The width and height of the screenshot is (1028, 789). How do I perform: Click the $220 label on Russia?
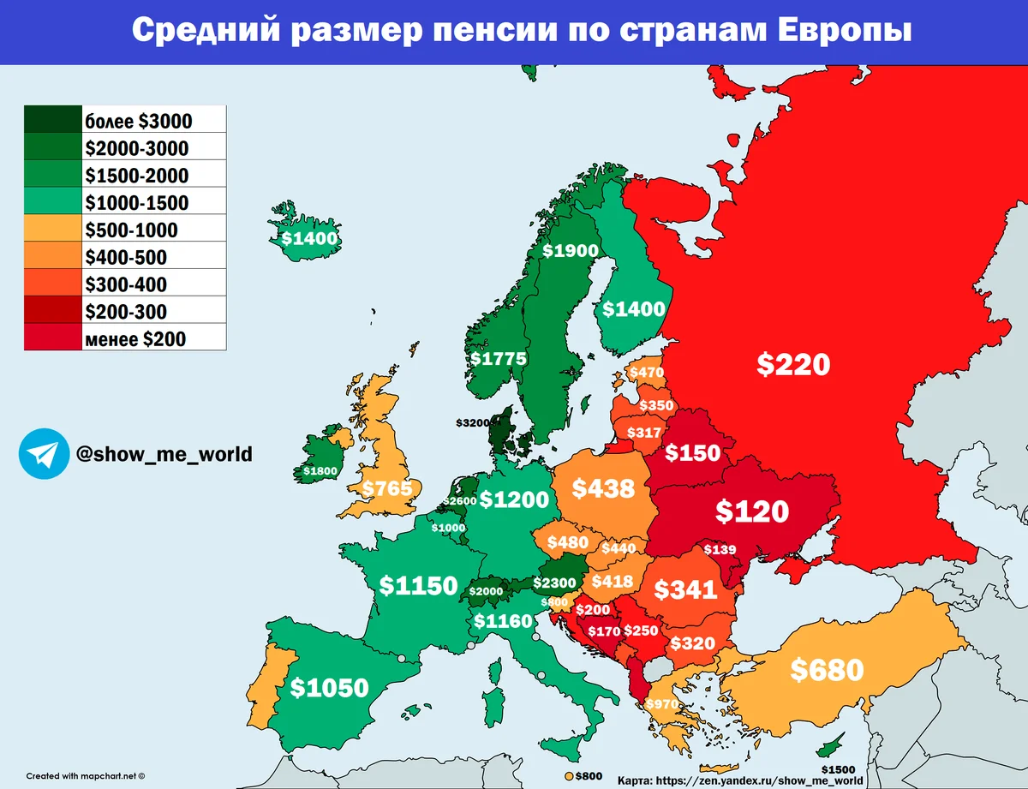(793, 364)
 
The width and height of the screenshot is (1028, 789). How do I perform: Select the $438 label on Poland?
(603, 488)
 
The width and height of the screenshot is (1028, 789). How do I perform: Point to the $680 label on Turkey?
(827, 669)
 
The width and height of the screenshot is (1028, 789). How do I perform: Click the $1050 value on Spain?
(329, 687)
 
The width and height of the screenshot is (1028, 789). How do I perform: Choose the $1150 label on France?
(418, 586)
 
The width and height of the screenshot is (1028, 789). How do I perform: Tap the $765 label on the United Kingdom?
(387, 488)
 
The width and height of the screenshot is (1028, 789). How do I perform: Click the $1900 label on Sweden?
(571, 251)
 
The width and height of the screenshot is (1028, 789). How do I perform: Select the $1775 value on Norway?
(498, 358)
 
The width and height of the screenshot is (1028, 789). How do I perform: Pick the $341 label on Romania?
(685, 589)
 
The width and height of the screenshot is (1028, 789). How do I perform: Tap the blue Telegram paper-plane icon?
(44, 453)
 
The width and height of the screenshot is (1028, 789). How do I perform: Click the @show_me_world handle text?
(164, 453)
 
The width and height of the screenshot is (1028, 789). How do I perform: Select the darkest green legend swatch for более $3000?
(52, 120)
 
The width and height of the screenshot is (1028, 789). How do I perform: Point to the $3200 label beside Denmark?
(475, 422)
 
